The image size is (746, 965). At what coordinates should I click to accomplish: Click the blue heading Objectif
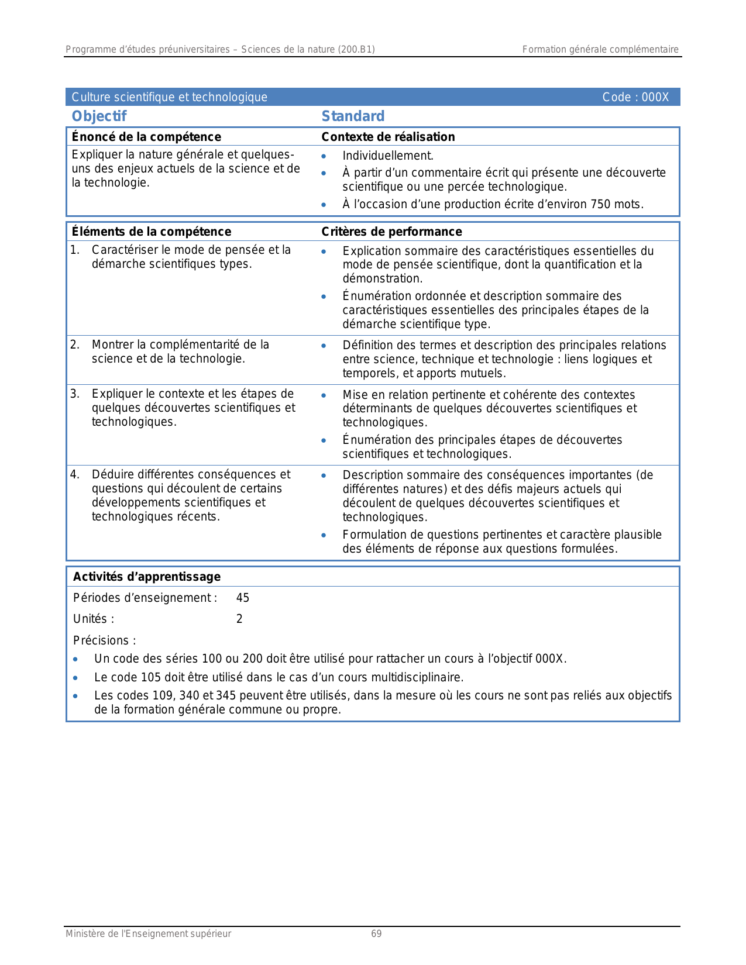[x=99, y=116]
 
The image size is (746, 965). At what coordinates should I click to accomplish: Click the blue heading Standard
[x=353, y=116]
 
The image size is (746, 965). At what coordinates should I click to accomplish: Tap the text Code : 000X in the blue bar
[x=635, y=97]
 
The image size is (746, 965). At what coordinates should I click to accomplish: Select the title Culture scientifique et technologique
[x=169, y=97]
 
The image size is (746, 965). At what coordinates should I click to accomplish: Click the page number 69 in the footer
[x=376, y=934]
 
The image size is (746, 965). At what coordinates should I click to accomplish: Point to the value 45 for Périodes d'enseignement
[x=242, y=598]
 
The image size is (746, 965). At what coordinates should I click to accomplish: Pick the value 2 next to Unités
[x=239, y=619]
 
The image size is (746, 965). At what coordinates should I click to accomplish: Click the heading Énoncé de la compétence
[x=146, y=137]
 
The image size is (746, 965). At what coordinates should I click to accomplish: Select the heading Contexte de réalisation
[x=388, y=137]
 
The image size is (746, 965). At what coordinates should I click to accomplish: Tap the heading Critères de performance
[x=391, y=232]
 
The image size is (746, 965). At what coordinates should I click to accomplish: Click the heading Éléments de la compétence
[x=151, y=232]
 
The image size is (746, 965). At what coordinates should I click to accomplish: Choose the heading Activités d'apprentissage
[x=147, y=577]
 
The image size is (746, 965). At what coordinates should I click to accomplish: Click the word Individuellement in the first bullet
[x=387, y=156]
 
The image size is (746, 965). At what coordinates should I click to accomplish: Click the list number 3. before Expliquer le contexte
[x=75, y=394]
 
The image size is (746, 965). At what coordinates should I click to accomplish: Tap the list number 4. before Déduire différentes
[x=75, y=474]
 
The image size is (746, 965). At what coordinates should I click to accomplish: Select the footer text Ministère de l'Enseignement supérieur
[x=148, y=934]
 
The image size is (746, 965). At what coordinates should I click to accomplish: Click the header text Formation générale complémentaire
[x=600, y=50]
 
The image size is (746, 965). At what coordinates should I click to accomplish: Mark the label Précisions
[x=104, y=640]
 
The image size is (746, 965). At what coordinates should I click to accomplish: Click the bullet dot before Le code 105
[x=75, y=678]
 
